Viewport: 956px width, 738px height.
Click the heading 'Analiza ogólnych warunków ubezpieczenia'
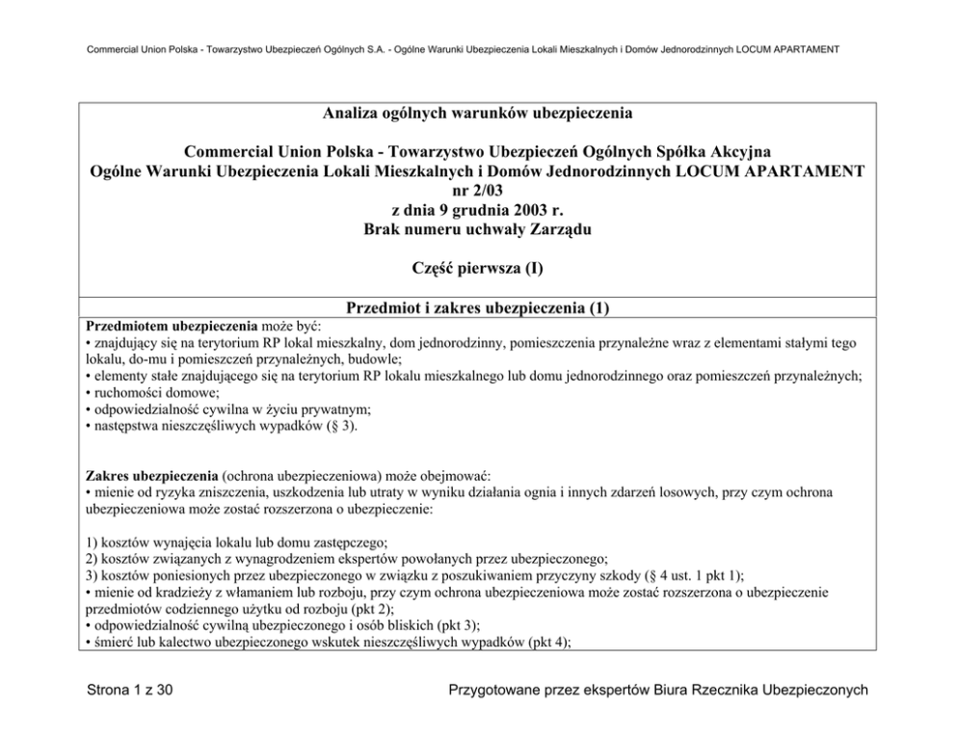(477, 114)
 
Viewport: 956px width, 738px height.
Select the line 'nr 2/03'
(477, 191)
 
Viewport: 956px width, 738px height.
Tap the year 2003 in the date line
(519, 210)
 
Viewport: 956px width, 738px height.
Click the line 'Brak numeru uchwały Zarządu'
(477, 229)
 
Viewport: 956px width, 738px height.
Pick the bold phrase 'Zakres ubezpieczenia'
(151, 476)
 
